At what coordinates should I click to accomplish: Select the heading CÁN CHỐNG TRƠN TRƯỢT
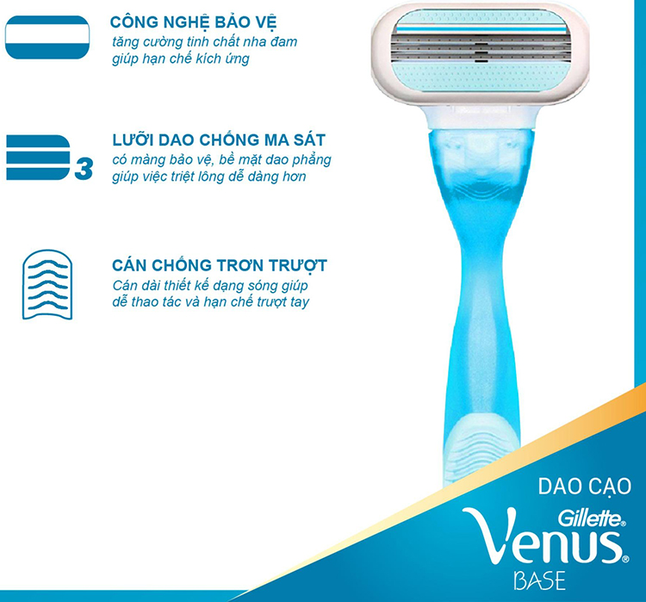pos(220,264)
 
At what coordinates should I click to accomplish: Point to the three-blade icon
pos(39,157)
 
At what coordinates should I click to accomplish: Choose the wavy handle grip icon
pos(46,284)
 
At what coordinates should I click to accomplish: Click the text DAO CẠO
pos(586,486)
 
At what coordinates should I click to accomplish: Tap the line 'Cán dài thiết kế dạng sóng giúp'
pos(210,285)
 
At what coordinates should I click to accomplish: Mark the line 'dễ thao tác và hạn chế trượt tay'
pos(211,302)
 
